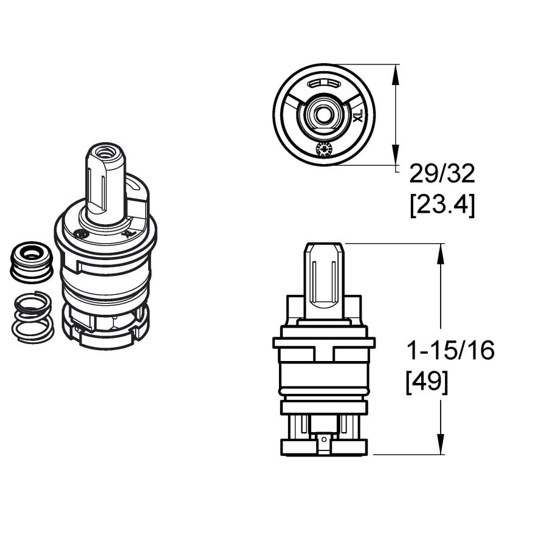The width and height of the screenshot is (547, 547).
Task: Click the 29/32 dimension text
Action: [x=441, y=175]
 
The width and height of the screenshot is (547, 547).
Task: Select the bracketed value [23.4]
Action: [x=442, y=205]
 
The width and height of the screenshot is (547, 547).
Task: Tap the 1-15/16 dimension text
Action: [x=450, y=351]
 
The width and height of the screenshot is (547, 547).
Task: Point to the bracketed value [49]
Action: [x=427, y=382]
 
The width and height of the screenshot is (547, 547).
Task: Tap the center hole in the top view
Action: [x=322, y=114]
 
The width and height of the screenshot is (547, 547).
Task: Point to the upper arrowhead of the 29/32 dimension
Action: [x=396, y=74]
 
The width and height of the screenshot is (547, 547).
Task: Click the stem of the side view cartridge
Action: [x=324, y=280]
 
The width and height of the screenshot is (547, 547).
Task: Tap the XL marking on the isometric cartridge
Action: [x=126, y=232]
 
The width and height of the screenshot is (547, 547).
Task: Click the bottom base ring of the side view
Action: [x=324, y=448]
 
